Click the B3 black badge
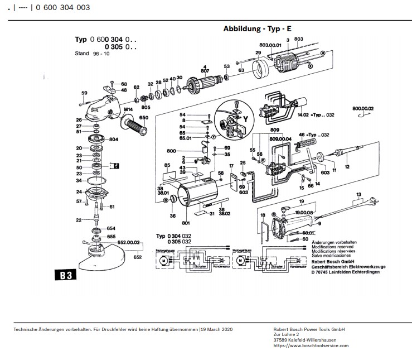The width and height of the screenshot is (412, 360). click(x=64, y=276)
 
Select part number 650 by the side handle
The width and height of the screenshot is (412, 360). click(x=144, y=118)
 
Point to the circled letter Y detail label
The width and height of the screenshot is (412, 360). click(x=244, y=118)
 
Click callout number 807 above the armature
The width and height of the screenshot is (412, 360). click(x=205, y=71)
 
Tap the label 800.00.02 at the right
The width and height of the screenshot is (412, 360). click(x=363, y=108)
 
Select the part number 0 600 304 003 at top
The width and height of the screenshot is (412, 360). click(x=63, y=7)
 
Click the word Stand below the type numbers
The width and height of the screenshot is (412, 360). click(x=82, y=54)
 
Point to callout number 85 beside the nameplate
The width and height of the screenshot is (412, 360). click(x=167, y=165)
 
